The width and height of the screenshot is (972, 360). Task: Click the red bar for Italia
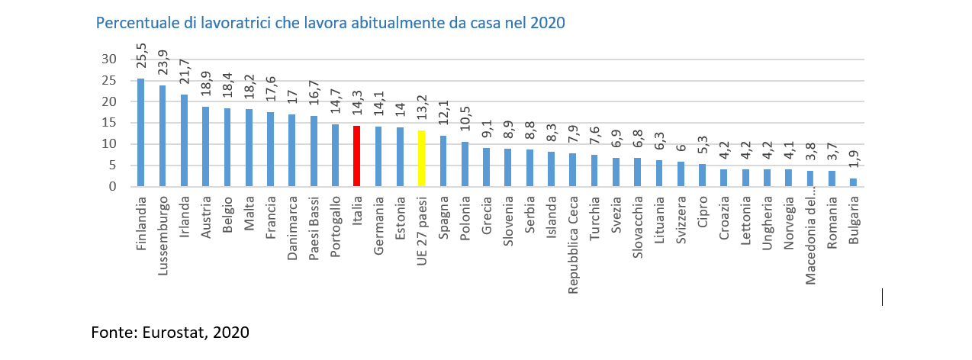(x=356, y=156)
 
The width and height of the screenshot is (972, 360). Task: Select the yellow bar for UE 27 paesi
(x=421, y=159)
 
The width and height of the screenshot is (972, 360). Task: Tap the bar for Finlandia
(x=140, y=133)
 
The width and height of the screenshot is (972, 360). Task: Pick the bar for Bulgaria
(x=853, y=182)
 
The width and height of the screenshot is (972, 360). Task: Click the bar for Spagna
(x=443, y=161)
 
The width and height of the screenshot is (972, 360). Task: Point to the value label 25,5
(x=140, y=62)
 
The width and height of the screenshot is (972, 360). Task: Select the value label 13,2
(x=421, y=114)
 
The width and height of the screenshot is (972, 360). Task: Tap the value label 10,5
(x=464, y=125)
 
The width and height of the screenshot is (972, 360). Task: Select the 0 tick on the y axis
(x=112, y=186)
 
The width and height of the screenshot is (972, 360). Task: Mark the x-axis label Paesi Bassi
(x=314, y=224)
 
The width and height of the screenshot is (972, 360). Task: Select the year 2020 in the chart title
(x=546, y=22)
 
